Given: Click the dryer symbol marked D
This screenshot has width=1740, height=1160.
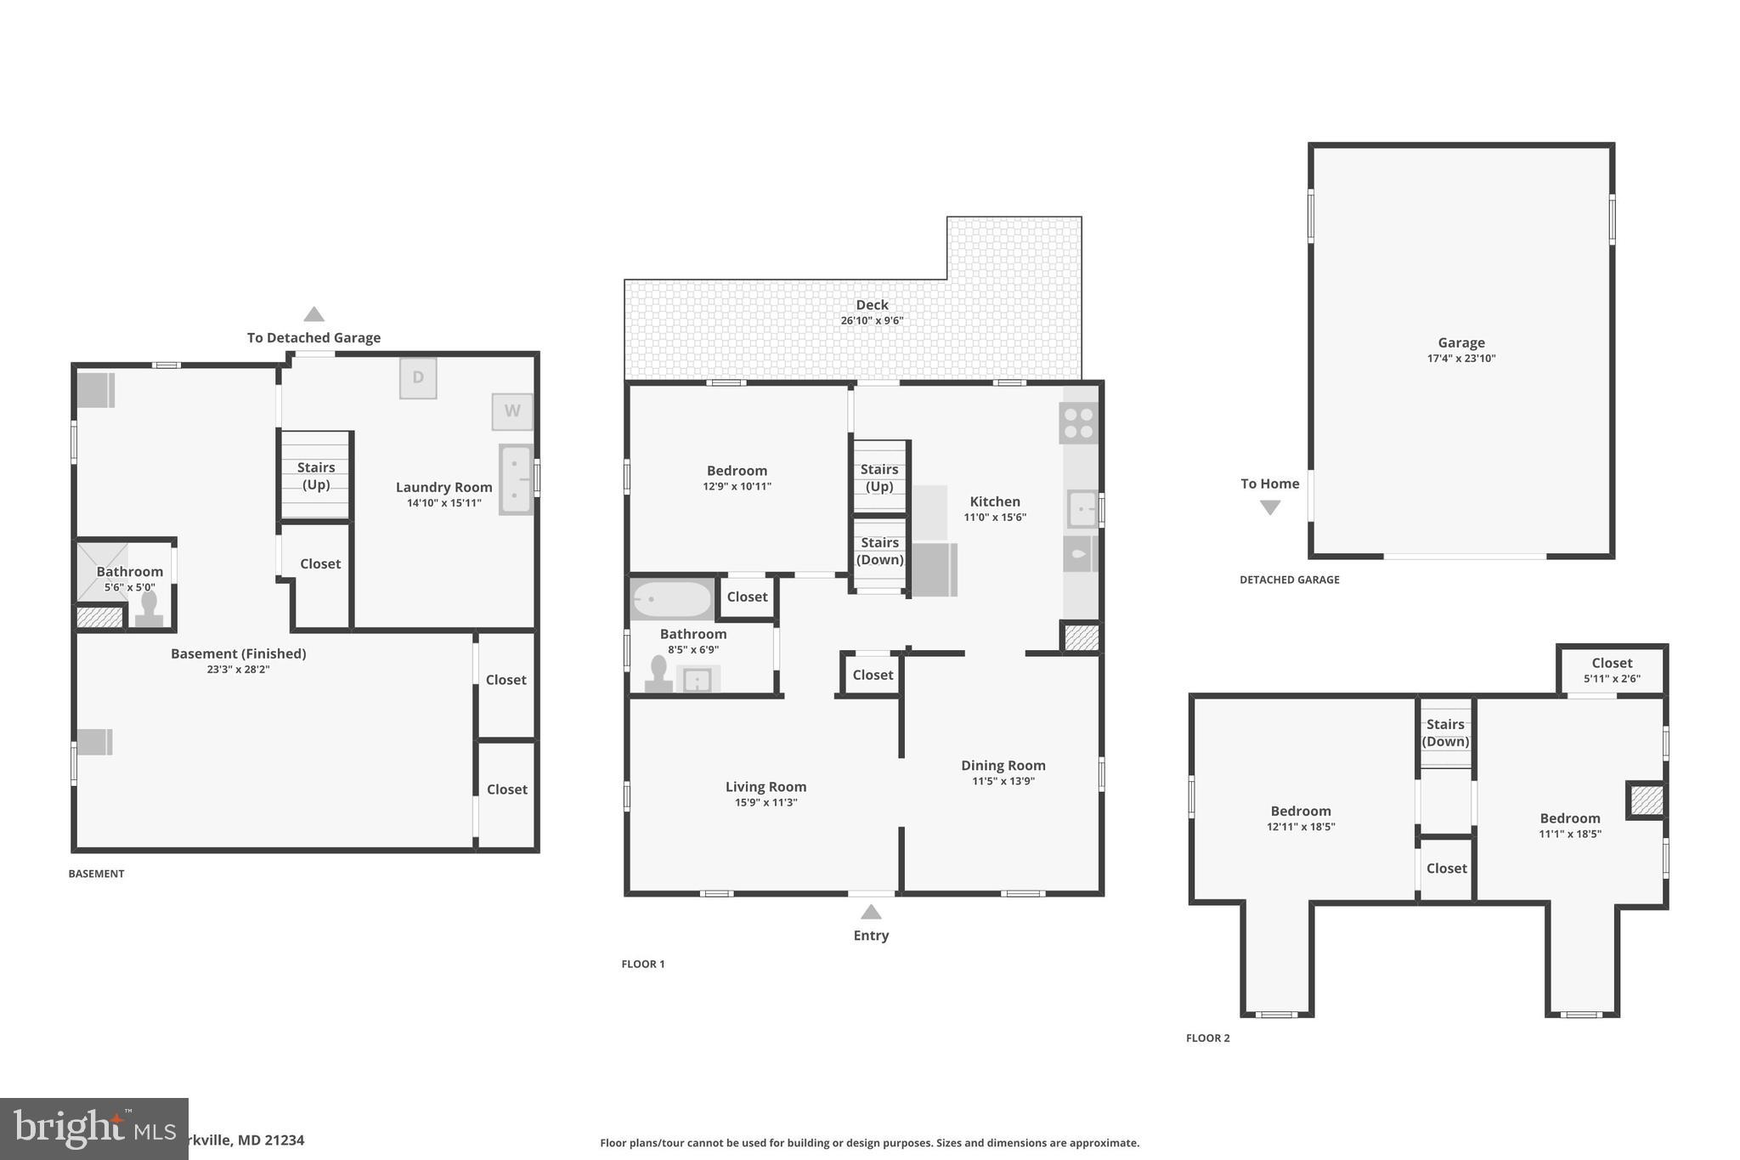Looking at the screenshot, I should point(418,377).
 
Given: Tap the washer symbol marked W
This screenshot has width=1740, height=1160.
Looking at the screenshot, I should point(512,411).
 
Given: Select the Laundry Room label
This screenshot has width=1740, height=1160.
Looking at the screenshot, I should point(443,487).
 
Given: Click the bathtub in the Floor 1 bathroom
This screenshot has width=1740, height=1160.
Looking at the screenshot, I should point(672,599).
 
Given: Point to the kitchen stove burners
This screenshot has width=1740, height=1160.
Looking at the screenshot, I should point(1078,423).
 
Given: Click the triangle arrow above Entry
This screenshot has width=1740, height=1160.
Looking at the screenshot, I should point(871,912).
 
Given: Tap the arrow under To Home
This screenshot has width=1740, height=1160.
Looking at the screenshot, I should point(1269,507).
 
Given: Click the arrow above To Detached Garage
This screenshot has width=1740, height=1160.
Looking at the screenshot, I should point(314,314).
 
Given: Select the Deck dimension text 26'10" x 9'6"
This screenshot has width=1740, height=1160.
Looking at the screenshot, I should point(872,320).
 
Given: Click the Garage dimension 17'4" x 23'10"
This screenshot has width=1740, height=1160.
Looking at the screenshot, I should point(1460,358).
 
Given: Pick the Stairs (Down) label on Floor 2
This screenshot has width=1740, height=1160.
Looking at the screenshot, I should point(1445,733).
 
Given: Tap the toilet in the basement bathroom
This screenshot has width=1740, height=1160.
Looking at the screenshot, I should point(150,608).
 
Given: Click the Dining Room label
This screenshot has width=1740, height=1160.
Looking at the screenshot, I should point(1003,766).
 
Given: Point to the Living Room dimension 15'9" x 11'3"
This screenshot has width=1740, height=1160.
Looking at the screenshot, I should point(765,802).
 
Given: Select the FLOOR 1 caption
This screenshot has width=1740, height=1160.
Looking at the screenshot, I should point(643,964).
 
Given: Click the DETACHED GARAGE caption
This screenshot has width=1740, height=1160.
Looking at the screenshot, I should point(1289,580).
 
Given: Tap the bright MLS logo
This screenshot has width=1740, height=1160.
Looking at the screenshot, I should point(93,1129).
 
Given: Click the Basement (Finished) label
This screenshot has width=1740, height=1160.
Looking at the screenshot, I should point(238,654).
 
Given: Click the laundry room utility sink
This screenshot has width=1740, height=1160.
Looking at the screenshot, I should point(515,479).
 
